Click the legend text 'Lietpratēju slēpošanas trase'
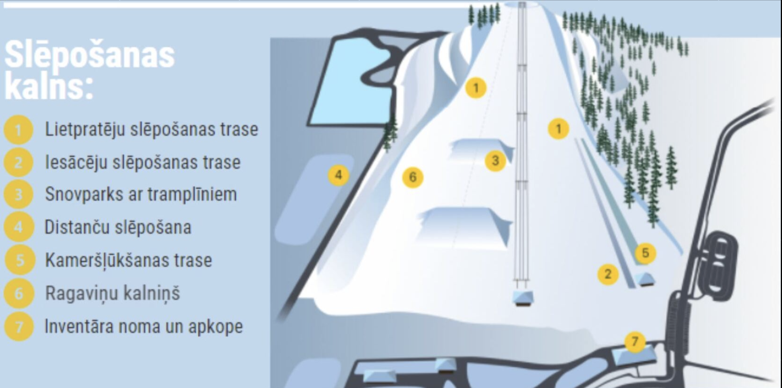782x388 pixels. (x=152, y=129)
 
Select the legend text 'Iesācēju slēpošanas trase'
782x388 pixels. (x=143, y=162)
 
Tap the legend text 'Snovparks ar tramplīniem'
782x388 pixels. (x=141, y=195)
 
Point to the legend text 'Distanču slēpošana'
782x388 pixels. (x=118, y=227)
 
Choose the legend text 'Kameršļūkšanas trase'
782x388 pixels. (x=128, y=260)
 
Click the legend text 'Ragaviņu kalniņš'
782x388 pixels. (x=112, y=293)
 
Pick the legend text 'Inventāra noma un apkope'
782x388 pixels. (x=144, y=326)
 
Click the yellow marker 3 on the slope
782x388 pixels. (x=495, y=160)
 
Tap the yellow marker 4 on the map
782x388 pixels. (x=338, y=175)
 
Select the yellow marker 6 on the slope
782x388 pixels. (x=412, y=177)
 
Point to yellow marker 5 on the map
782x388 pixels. (x=645, y=253)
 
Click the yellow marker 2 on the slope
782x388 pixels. (x=608, y=274)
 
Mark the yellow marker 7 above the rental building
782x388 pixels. (x=635, y=341)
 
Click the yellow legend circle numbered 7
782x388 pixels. (x=19, y=327)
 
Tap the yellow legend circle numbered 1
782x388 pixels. (x=18, y=130)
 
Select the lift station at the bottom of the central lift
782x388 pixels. (x=523, y=298)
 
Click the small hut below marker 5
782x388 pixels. (x=645, y=279)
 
